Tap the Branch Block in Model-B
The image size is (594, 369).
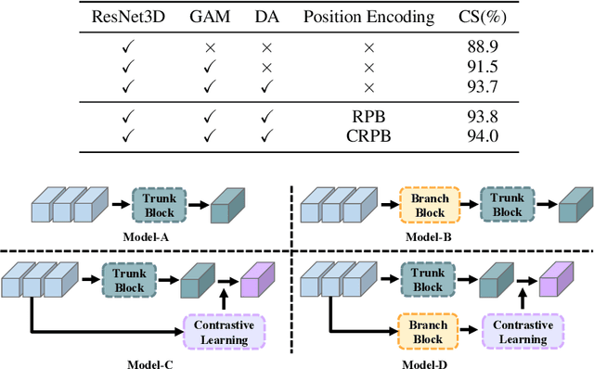click(x=429, y=205)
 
